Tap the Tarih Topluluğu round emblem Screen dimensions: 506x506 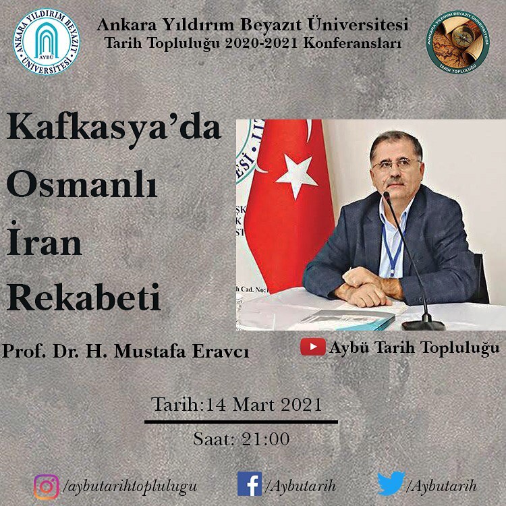(x=458, y=45)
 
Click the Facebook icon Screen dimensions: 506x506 (x=250, y=484)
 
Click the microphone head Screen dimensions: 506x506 (x=387, y=197)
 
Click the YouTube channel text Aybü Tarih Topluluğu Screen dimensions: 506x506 (x=414, y=348)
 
